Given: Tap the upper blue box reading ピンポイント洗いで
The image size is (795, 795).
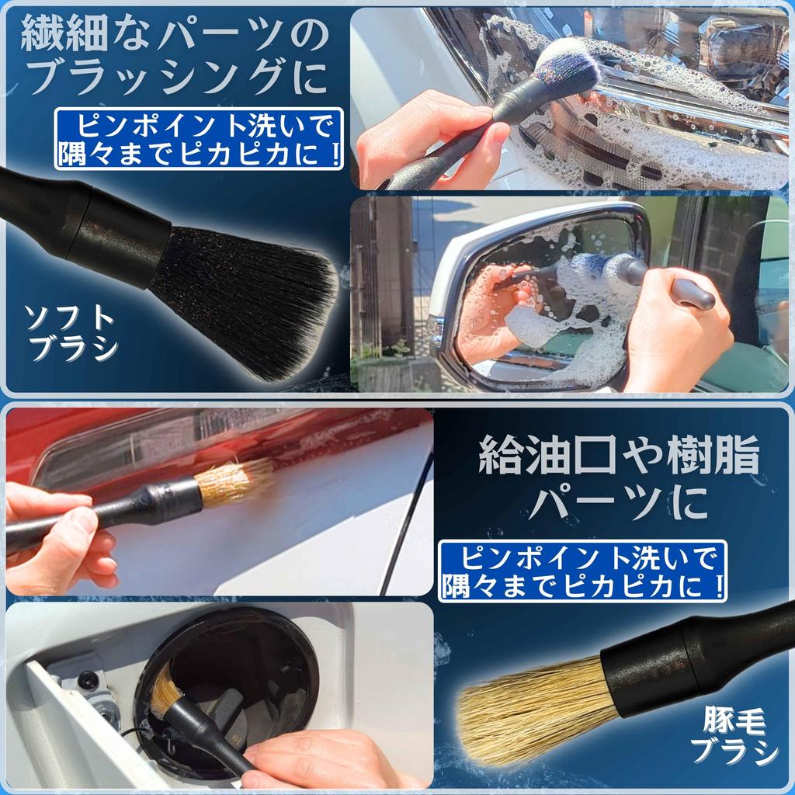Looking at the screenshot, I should pyautogui.click(x=199, y=138).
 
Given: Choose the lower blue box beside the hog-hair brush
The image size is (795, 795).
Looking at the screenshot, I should pyautogui.click(x=582, y=571).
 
